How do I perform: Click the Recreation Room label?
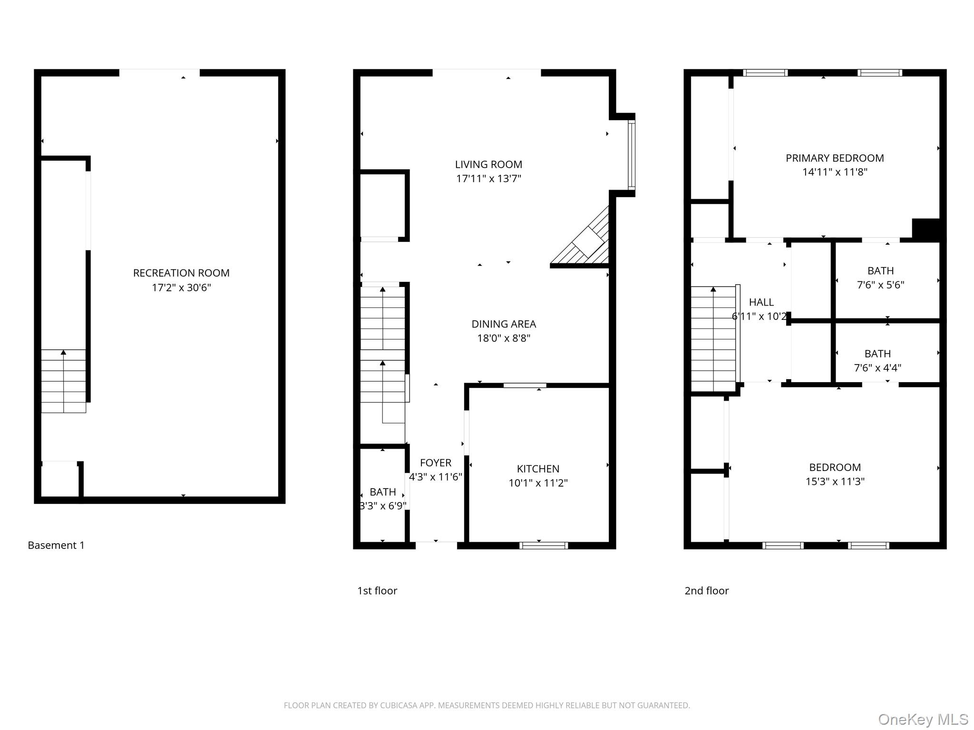[181, 273]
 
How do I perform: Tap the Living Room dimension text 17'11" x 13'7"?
[488, 179]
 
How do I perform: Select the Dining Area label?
[504, 324]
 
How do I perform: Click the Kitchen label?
[538, 469]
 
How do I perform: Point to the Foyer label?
[436, 462]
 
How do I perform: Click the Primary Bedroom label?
[835, 158]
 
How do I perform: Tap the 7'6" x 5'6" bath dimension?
[880, 285]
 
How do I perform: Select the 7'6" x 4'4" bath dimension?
[877, 368]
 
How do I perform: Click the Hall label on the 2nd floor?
[761, 302]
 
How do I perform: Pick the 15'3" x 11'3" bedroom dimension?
[835, 481]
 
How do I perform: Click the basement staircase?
[63, 381]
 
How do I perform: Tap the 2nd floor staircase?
[713, 339]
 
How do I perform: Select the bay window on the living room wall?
[631, 155]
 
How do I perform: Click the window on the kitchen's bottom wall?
[544, 545]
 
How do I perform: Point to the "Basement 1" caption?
[56, 545]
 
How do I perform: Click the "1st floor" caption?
[377, 591]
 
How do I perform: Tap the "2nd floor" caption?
[706, 591]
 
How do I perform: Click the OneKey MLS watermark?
[923, 720]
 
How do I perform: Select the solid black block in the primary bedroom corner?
[926, 229]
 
